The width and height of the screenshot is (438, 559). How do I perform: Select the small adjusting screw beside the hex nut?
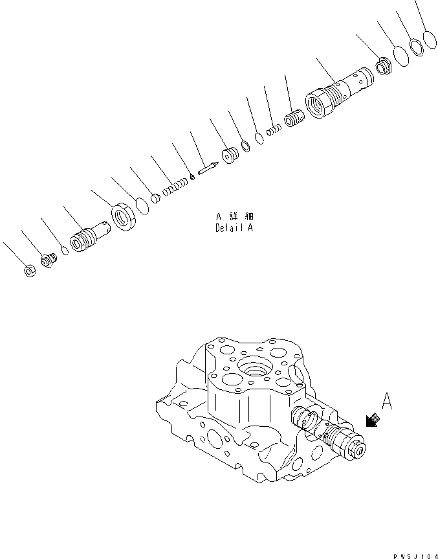click(x=48, y=261)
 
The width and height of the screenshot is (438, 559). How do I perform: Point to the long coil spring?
click(x=173, y=188)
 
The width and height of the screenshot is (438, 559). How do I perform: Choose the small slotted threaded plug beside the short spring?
click(x=294, y=119)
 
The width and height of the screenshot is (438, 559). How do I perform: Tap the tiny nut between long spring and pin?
click(x=192, y=178)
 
